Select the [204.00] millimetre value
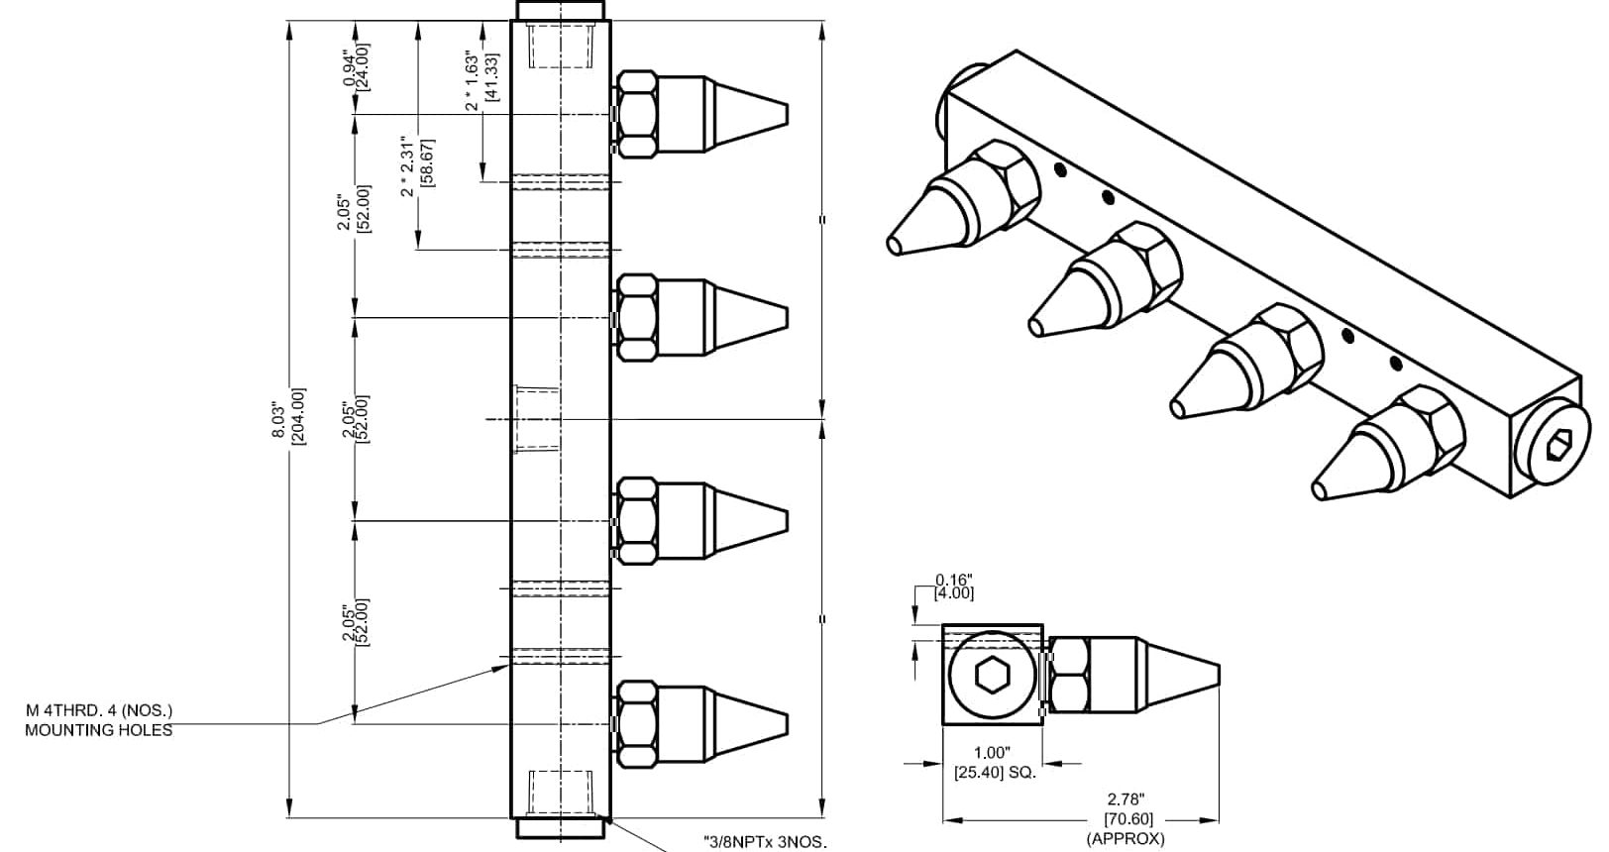(x=298, y=416)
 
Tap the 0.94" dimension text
(x=348, y=69)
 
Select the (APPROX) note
(x=1126, y=839)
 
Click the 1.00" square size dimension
(x=995, y=752)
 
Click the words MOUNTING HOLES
(x=98, y=730)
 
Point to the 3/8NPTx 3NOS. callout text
(x=764, y=843)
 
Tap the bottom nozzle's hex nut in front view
(x=636, y=725)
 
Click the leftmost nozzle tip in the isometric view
(x=895, y=242)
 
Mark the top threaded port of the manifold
(x=561, y=44)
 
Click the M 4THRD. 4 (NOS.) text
(x=99, y=710)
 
